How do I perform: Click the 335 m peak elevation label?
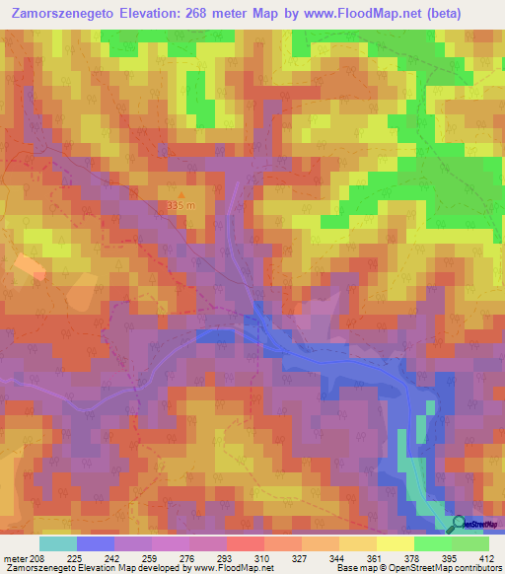point(181,205)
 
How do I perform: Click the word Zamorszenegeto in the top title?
point(72,14)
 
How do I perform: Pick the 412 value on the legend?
point(485,557)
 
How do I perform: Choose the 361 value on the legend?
point(376,557)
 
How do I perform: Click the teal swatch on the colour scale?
point(58,543)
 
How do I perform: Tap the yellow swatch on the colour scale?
point(396,543)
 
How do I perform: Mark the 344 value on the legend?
point(338,557)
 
